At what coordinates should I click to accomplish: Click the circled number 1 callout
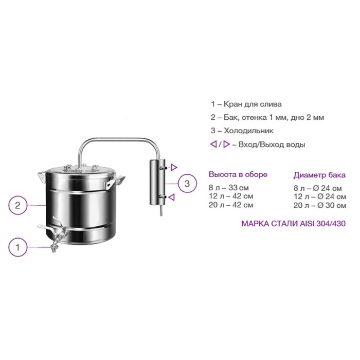click(x=18, y=247)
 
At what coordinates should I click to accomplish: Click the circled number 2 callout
click(x=18, y=205)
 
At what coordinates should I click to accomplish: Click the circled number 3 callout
click(x=187, y=184)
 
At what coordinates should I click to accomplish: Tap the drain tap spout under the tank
click(x=54, y=247)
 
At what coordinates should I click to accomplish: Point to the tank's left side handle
click(x=42, y=176)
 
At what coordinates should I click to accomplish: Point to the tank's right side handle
click(x=116, y=181)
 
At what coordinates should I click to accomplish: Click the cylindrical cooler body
click(x=157, y=182)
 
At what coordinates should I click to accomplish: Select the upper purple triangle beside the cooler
click(x=174, y=167)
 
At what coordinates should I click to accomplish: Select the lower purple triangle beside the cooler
click(x=172, y=197)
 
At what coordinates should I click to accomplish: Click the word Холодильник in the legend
click(x=248, y=131)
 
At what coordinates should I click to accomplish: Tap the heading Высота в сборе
click(x=238, y=174)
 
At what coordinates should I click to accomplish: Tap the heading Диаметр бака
click(x=319, y=175)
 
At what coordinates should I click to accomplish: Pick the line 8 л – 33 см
click(x=229, y=188)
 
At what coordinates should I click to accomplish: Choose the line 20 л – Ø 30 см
click(x=319, y=205)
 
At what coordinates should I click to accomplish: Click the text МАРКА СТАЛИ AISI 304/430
click(x=294, y=223)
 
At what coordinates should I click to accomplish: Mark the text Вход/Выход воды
click(x=272, y=145)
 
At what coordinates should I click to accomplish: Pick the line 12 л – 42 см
click(x=231, y=196)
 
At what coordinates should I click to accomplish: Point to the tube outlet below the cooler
click(x=161, y=210)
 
